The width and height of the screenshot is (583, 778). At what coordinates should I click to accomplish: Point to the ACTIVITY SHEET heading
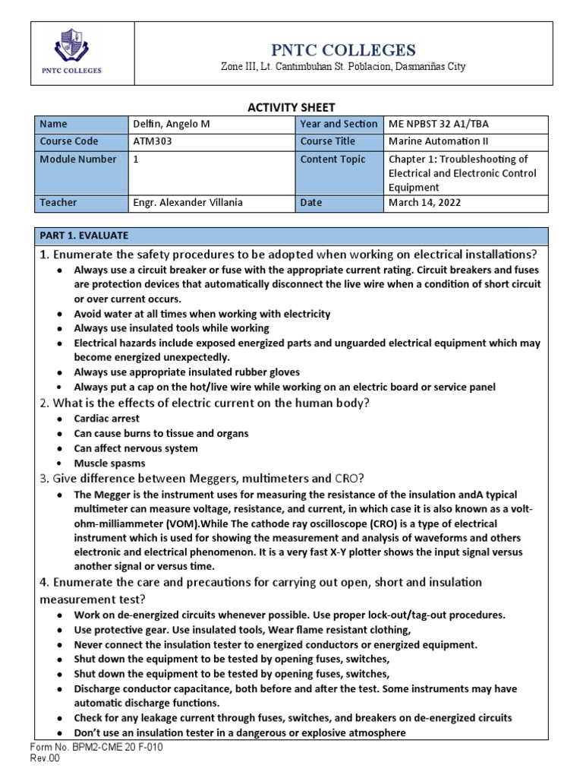click(291, 108)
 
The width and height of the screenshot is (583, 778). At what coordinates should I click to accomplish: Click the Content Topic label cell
click(333, 160)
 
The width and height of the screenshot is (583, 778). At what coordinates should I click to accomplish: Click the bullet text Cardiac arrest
click(106, 419)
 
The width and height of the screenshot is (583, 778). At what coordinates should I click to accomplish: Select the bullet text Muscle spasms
click(109, 463)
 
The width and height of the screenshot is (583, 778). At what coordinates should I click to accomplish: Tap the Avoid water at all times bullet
click(201, 314)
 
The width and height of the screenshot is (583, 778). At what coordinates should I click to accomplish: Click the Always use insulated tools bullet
click(171, 328)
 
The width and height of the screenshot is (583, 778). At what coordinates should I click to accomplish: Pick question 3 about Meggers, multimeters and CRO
click(203, 478)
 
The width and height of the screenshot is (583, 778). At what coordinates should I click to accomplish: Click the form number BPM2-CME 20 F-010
click(96, 748)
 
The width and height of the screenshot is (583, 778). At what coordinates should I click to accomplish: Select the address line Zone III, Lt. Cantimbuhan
click(342, 68)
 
